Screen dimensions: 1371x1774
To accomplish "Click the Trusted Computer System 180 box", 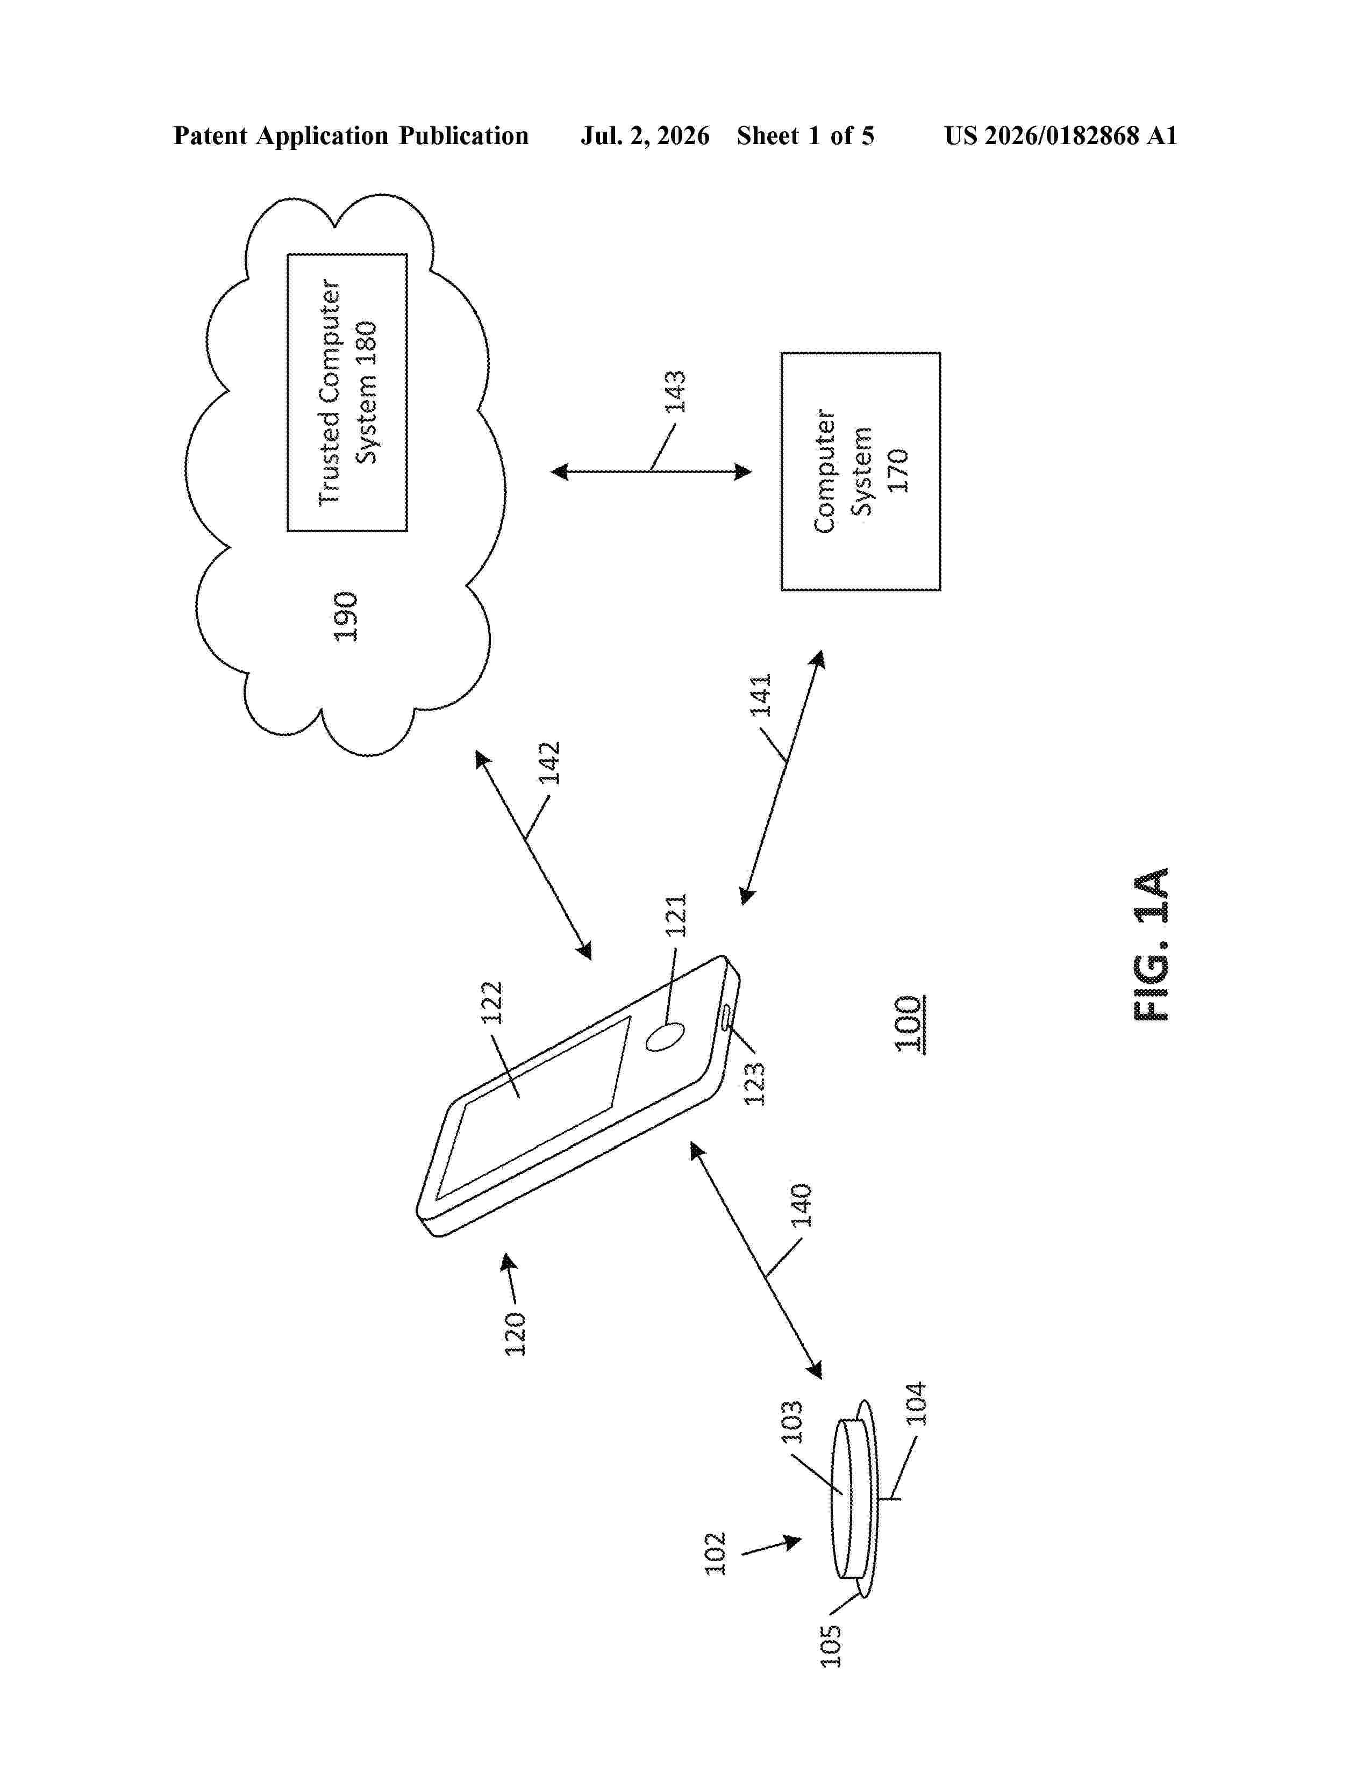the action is [347, 392].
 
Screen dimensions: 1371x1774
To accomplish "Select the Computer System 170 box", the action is [860, 471].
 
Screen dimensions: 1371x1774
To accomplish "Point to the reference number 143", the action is [675, 391].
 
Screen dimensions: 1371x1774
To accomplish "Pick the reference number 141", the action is [760, 695].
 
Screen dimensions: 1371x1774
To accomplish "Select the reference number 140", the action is [801, 1205].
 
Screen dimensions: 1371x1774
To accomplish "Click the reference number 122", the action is [492, 1003].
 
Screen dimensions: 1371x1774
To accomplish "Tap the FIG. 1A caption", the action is [1151, 944].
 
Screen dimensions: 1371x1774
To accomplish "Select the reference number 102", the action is [715, 1554].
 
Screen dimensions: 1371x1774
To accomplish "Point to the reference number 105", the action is [830, 1646].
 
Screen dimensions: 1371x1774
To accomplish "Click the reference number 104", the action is [916, 1404].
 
